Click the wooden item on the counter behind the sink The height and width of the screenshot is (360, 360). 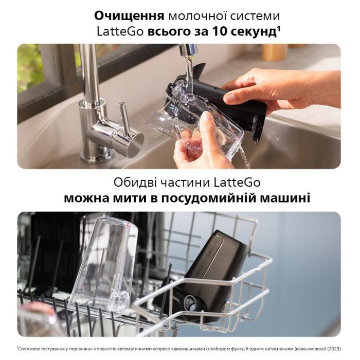[x=274, y=52]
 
